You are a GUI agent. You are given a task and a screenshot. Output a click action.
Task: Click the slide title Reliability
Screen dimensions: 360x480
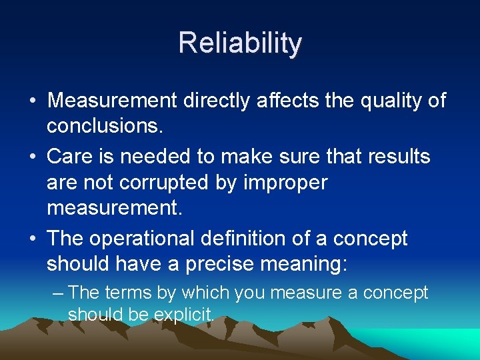[240, 43]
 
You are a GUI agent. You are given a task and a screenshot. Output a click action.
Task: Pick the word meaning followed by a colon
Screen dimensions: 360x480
[309, 265]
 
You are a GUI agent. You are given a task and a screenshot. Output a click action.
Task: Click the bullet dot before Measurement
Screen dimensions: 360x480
[32, 102]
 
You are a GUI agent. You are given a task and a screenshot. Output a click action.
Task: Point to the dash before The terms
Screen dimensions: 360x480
[58, 293]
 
